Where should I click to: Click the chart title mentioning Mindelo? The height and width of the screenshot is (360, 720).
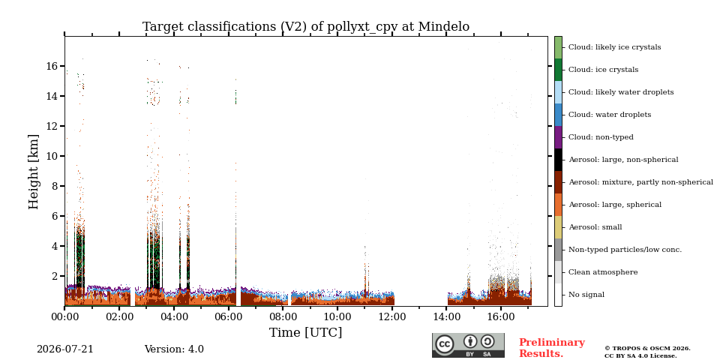click(x=306, y=27)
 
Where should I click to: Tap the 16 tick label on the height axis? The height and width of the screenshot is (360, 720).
click(x=52, y=66)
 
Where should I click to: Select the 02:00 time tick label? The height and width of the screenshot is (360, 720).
click(x=119, y=316)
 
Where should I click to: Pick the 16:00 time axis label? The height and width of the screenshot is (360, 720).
click(x=500, y=316)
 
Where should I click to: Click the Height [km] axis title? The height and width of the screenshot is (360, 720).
click(x=34, y=172)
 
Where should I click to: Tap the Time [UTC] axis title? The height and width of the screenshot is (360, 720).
click(x=306, y=332)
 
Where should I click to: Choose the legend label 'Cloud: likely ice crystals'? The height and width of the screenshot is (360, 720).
click(x=615, y=46)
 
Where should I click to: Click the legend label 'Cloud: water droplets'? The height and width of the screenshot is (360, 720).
click(x=610, y=114)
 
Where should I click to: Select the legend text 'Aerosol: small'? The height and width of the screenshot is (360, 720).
click(x=595, y=226)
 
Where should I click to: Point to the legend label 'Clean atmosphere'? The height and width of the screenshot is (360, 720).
click(x=603, y=271)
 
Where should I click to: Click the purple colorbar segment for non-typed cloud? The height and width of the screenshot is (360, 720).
click(x=558, y=137)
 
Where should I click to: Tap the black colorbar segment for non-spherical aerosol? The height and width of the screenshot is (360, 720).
click(x=558, y=160)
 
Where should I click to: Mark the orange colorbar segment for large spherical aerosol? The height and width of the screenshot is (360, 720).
click(x=558, y=205)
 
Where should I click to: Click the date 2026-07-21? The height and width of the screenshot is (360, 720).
click(x=65, y=349)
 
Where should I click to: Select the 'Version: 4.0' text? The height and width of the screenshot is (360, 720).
click(x=174, y=349)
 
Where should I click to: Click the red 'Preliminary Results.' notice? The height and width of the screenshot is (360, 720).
click(x=552, y=348)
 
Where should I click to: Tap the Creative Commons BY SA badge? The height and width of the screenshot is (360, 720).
click(x=468, y=345)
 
